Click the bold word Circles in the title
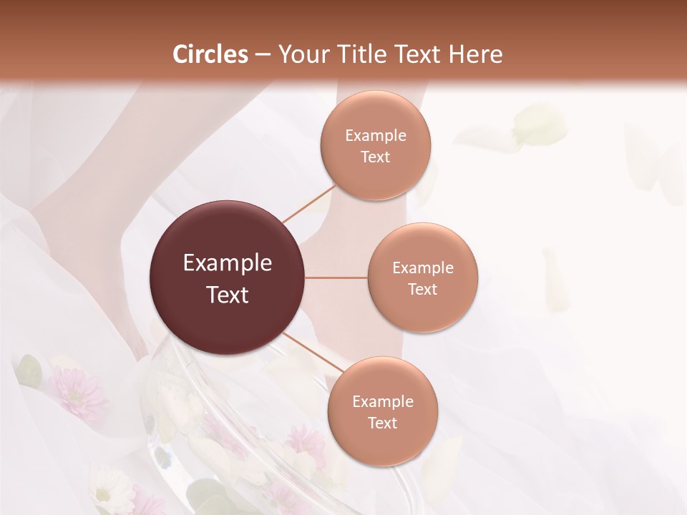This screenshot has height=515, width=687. pyautogui.click(x=210, y=54)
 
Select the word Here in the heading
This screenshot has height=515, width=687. pyautogui.click(x=476, y=54)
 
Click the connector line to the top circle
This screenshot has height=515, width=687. pyautogui.click(x=309, y=204)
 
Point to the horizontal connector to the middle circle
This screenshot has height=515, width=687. pyautogui.click(x=336, y=278)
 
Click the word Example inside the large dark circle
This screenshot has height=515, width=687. pyautogui.click(x=228, y=263)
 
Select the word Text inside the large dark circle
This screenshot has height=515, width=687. pyautogui.click(x=228, y=295)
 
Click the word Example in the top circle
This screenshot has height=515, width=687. pyautogui.click(x=375, y=136)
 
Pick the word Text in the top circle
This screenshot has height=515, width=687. pyautogui.click(x=375, y=157)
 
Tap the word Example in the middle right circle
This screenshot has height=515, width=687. pyautogui.click(x=422, y=268)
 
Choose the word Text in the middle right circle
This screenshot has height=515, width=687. pyautogui.click(x=422, y=290)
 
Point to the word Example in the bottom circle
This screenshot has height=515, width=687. pyautogui.click(x=382, y=402)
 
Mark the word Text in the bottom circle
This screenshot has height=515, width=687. pyautogui.click(x=382, y=423)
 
